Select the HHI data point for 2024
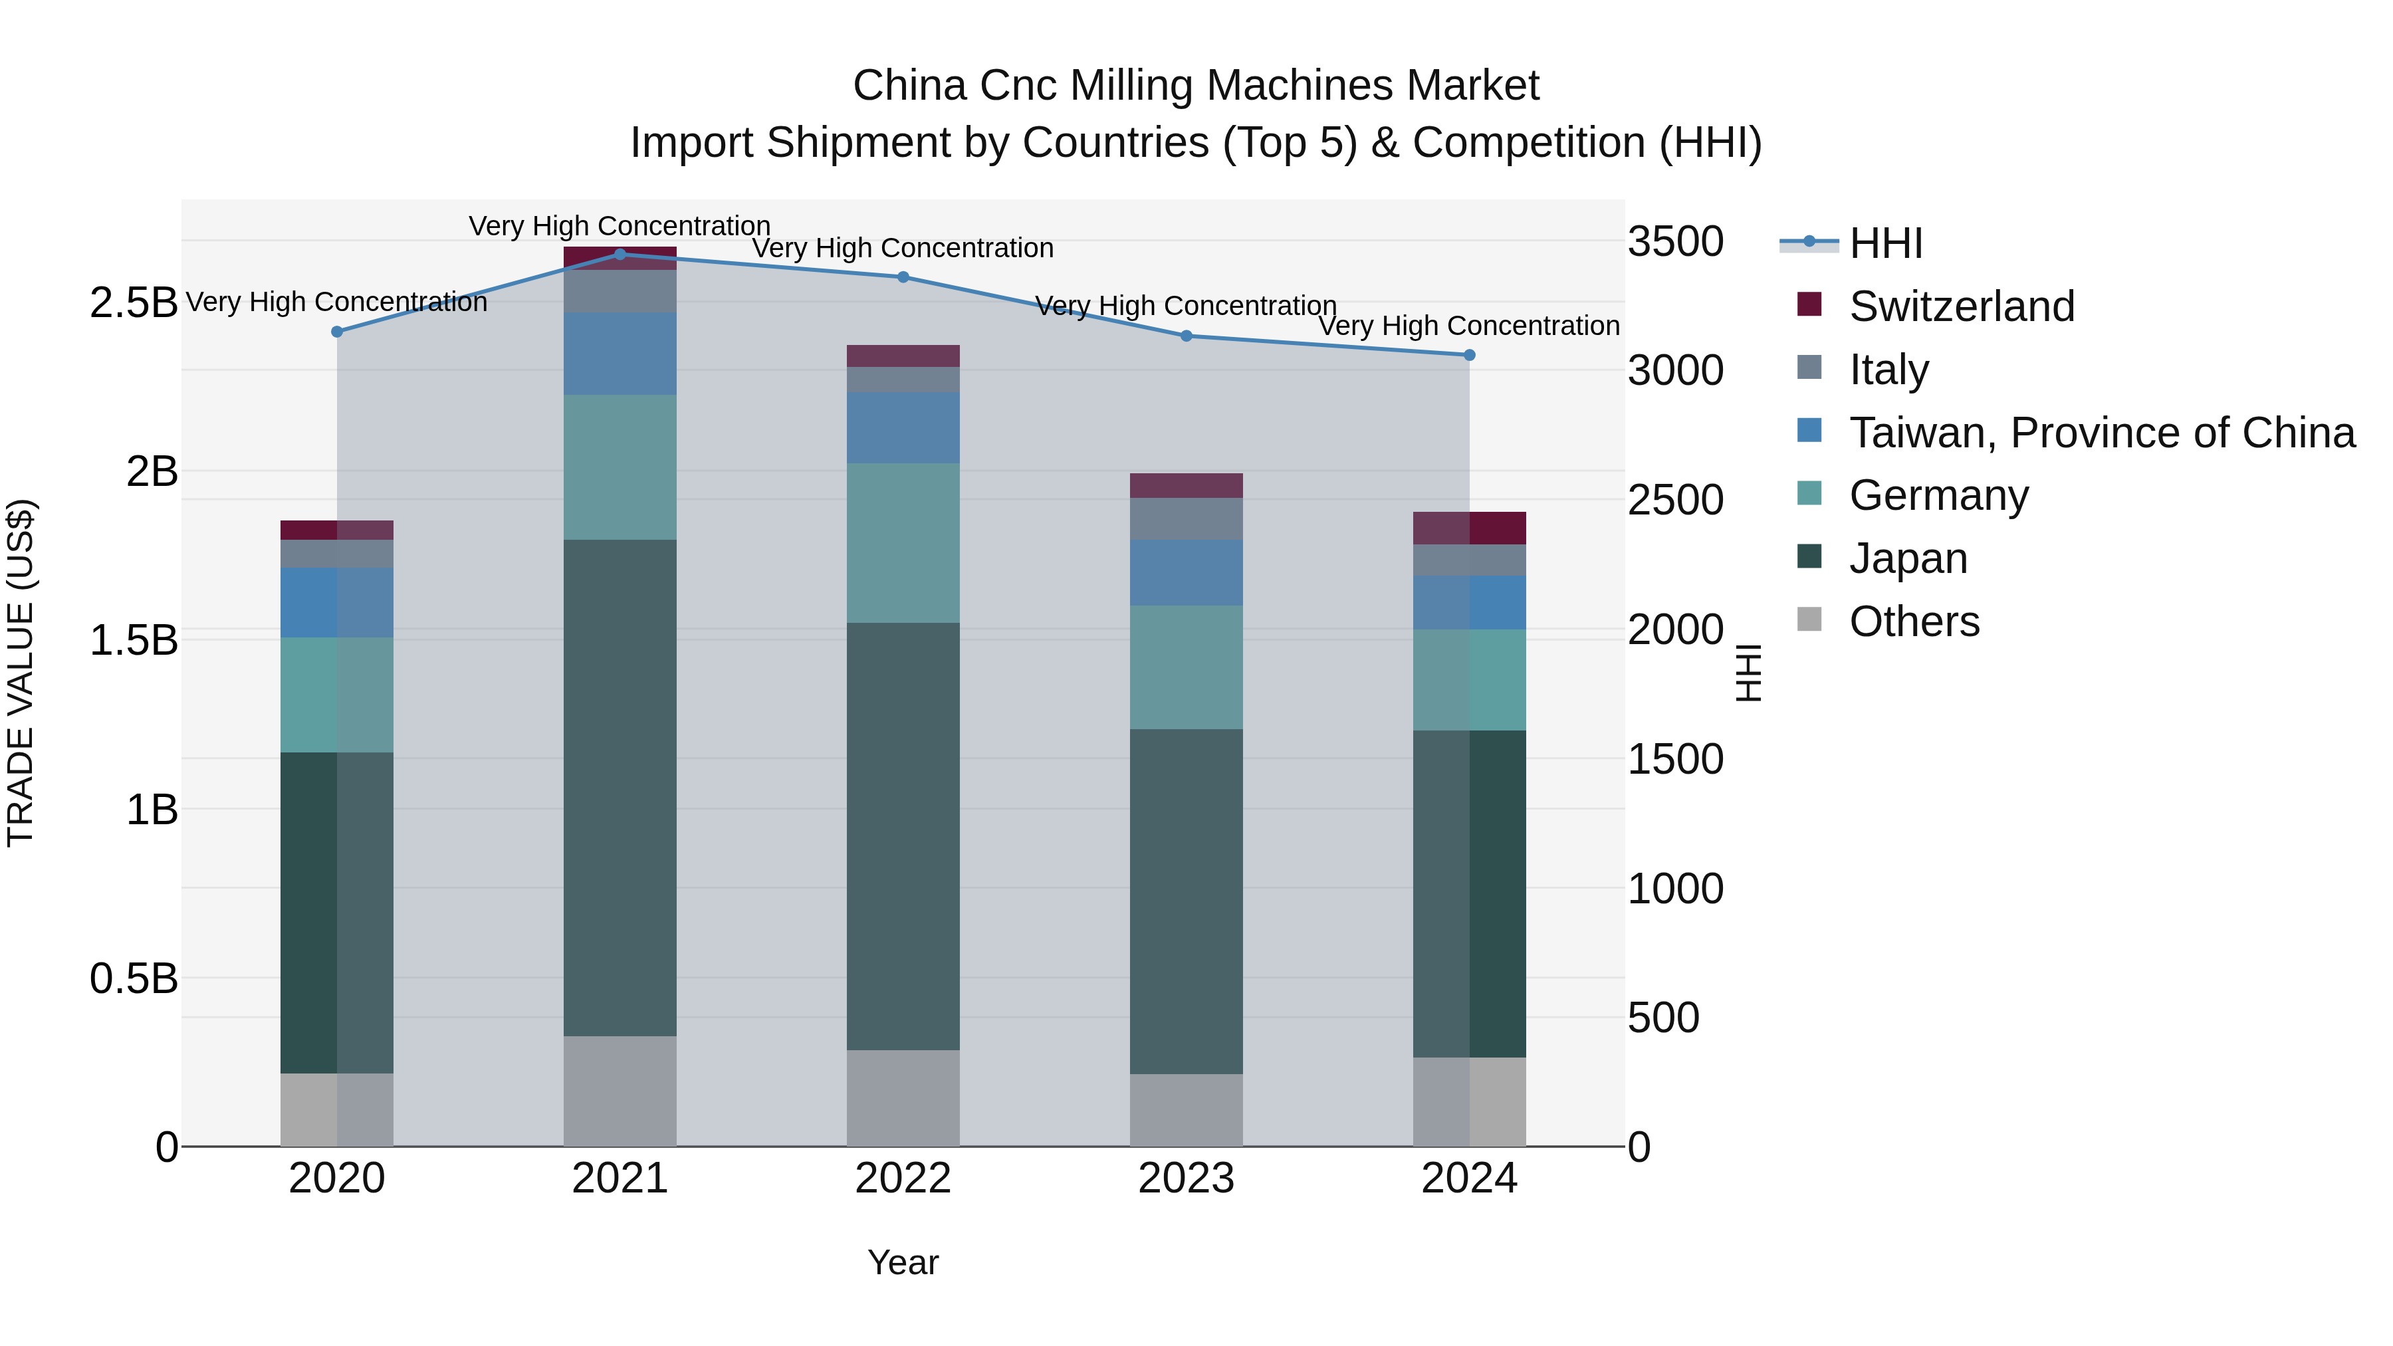(x=1468, y=355)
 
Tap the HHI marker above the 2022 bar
(x=903, y=277)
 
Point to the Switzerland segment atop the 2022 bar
(x=903, y=356)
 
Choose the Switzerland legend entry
(x=1960, y=306)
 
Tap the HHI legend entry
(x=1885, y=243)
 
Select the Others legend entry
(x=1914, y=621)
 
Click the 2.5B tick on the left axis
(x=134, y=303)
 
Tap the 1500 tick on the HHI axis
(x=1675, y=759)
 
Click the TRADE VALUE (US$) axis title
(x=21, y=673)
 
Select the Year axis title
(x=903, y=1262)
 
